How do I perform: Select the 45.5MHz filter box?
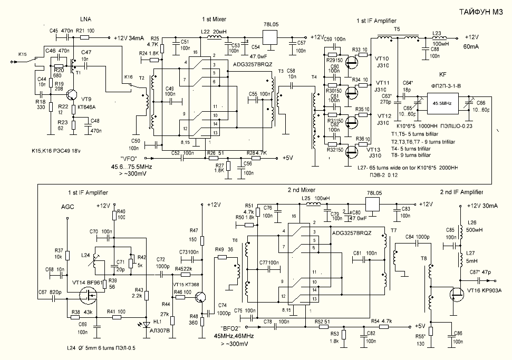pyautogui.click(x=441, y=103)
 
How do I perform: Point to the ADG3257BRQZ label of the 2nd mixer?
pyautogui.click(x=351, y=232)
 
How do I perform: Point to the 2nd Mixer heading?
pyautogui.click(x=303, y=190)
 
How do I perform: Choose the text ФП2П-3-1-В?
pyautogui.click(x=441, y=86)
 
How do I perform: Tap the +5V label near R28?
pyautogui.click(x=287, y=158)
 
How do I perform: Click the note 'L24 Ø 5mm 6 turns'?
pyautogui.click(x=101, y=348)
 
